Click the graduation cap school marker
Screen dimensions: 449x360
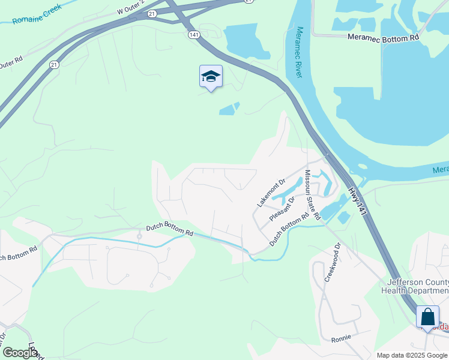pos(211,76)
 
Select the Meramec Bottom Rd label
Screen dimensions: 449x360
pos(383,37)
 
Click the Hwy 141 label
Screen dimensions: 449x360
pos(356,200)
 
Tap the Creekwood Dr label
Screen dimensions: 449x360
pos(332,262)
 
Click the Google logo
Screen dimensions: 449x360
pos(19,353)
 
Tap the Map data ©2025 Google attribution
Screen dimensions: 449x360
pos(412,355)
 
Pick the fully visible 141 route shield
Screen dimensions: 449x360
pos(193,35)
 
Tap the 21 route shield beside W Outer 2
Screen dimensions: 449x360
pos(151,13)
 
